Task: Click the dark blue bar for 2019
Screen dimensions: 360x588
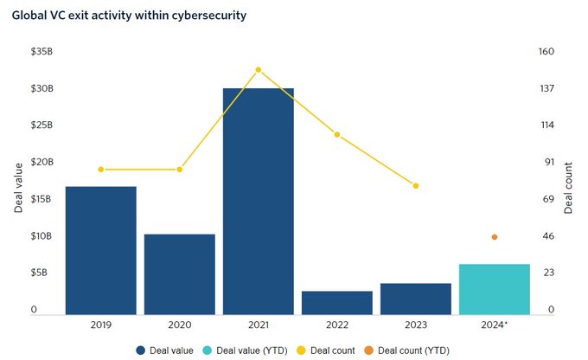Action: [101, 250]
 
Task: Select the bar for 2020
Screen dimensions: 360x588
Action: [179, 273]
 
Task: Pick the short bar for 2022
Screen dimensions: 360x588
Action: [336, 302]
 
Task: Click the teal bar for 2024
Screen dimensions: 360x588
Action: [494, 288]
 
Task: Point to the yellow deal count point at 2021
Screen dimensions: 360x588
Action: [258, 69]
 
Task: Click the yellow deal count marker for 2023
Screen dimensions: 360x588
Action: [415, 186]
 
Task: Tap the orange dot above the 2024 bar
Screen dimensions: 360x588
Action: [494, 237]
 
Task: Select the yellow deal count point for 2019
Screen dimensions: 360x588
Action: [101, 170]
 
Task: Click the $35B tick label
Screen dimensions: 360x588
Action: [41, 52]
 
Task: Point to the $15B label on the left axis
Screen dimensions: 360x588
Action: [41, 199]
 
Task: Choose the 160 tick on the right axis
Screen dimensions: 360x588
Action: [546, 52]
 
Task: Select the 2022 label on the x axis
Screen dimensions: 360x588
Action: [336, 325]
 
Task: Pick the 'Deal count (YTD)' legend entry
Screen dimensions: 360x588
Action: [406, 350]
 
